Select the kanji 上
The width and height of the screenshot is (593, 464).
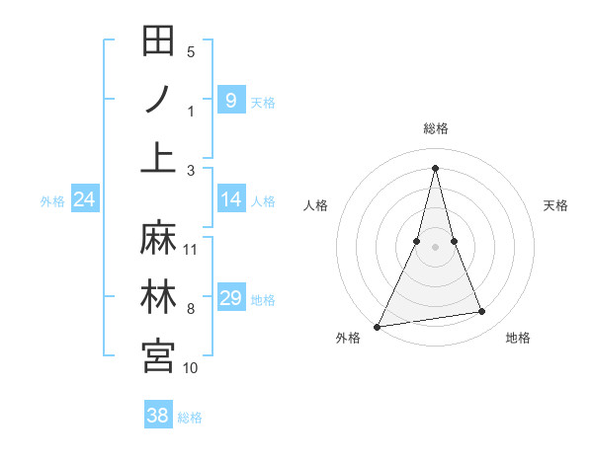point(159,157)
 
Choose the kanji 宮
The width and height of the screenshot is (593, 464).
point(159,355)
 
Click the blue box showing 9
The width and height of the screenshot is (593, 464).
point(230,100)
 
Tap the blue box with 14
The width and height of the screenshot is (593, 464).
point(230,200)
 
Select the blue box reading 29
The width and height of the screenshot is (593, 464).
point(230,298)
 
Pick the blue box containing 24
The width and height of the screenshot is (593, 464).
point(85,200)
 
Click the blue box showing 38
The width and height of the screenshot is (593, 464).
point(158,416)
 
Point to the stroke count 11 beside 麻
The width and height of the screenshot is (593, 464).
point(191,249)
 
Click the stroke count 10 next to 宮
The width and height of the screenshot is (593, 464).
point(191,368)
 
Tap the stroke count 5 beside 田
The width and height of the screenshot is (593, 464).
point(191,52)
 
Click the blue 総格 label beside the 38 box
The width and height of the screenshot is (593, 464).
point(190,418)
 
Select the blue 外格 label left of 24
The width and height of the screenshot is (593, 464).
point(52,201)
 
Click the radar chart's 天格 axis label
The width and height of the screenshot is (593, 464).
point(556,205)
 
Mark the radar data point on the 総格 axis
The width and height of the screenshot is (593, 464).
point(435,167)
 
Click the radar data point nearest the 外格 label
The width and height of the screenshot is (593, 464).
point(378,326)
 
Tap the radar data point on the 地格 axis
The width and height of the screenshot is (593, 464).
point(482,312)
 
